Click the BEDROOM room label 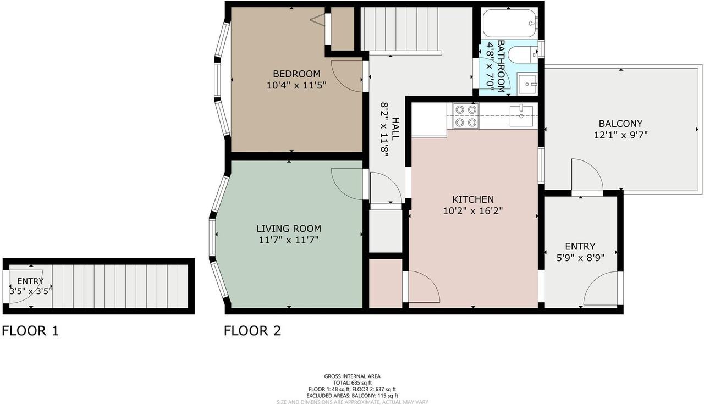tap(296, 74)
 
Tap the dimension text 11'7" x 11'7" tap(289, 240)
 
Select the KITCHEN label tap(472, 199)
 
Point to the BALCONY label tap(620, 124)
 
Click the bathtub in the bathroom tap(509, 23)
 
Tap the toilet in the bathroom tap(520, 54)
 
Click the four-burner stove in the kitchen tap(465, 116)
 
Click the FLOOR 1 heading tap(30, 331)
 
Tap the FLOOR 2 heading tap(252, 331)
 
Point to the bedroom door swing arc tap(346, 76)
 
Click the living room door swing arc tap(346, 184)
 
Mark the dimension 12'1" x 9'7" tap(620, 135)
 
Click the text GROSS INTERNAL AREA tap(352, 376)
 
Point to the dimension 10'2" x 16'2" tap(472, 210)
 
